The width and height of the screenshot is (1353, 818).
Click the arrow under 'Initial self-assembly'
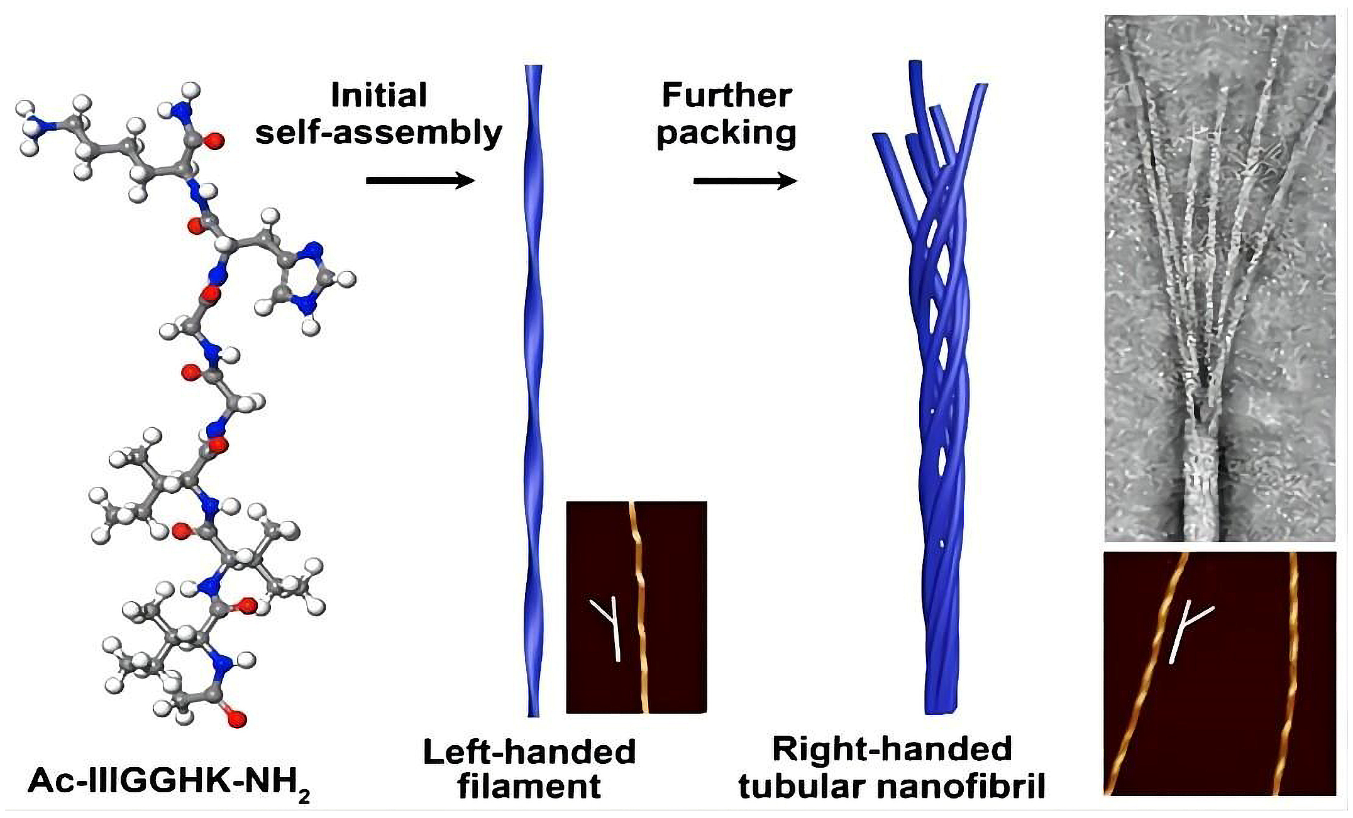click(x=420, y=181)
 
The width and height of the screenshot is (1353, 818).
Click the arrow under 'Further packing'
click(x=745, y=181)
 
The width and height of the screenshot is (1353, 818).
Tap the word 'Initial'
click(x=378, y=95)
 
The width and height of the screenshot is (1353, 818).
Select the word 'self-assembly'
click(x=378, y=133)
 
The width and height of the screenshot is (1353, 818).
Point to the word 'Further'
click(x=726, y=95)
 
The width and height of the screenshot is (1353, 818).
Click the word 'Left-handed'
click(x=529, y=751)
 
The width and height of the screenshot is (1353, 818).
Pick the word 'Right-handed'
click(x=892, y=749)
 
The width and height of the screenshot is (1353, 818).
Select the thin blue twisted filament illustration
click(x=533, y=390)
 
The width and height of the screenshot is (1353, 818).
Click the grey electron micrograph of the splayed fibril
click(x=1220, y=276)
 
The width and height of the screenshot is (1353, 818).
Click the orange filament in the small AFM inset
click(x=640, y=603)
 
